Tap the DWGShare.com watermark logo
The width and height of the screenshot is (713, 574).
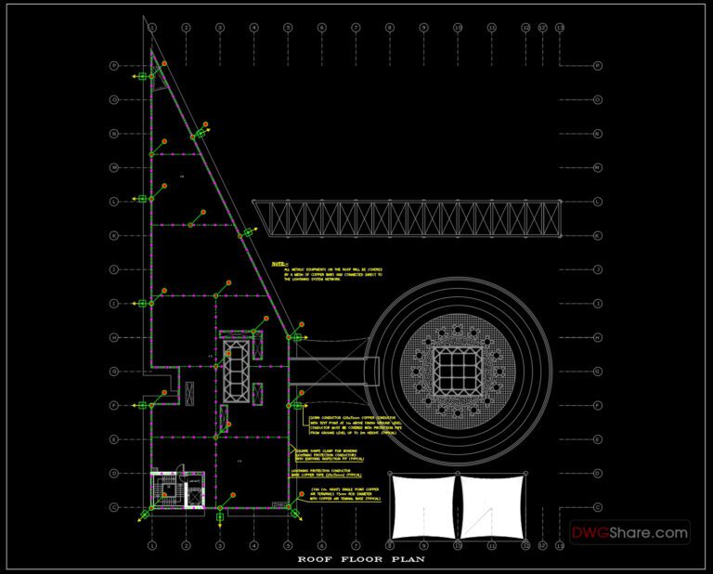coord(629,533)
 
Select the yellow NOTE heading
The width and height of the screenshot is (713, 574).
coord(279,264)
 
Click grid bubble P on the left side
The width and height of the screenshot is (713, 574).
coord(114,66)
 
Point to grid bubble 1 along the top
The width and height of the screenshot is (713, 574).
coord(151,28)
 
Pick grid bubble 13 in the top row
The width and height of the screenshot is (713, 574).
coord(559,28)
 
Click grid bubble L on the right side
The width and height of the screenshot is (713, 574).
coord(597,202)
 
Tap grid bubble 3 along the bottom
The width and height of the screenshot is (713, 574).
coord(220,545)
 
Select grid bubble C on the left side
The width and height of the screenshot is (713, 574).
coord(114,507)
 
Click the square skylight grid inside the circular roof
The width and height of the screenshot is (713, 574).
coord(451,371)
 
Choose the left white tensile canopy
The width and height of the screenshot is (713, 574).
coord(422,507)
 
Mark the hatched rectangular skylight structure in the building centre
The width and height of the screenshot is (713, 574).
coord(238,369)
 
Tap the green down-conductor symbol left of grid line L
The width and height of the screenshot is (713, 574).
coord(142,198)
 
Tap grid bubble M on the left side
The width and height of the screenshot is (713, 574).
coord(114,167)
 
